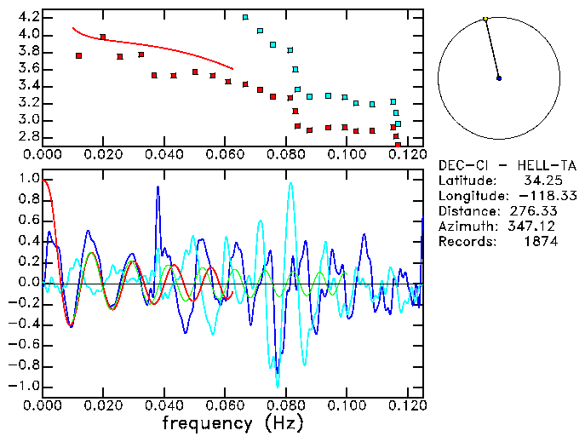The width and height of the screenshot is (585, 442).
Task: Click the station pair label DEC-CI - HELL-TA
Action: [508, 165]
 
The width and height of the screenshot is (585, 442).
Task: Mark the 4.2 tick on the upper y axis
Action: [29, 17]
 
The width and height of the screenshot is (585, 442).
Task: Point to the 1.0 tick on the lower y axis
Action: [29, 180]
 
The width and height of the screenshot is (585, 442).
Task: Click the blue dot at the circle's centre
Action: [499, 78]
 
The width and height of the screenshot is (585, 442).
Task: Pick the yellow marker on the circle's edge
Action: [485, 19]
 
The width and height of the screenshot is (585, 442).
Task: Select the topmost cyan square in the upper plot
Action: [245, 17]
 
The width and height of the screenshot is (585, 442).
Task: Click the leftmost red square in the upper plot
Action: [78, 55]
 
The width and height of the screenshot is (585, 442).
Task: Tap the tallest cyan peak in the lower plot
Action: [290, 183]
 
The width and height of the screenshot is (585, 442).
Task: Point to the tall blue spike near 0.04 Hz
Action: [158, 189]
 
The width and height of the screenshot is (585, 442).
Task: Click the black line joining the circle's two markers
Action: [492, 49]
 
